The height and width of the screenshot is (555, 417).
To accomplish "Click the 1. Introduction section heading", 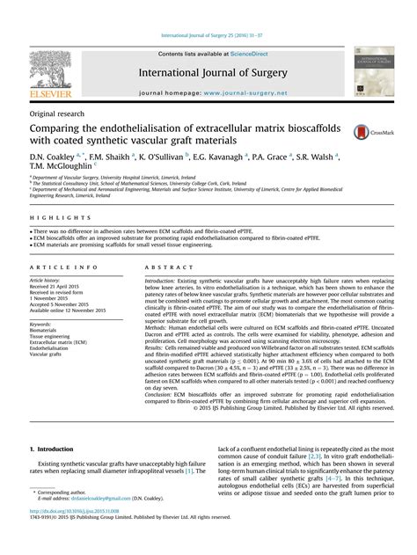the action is point(59,449).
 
